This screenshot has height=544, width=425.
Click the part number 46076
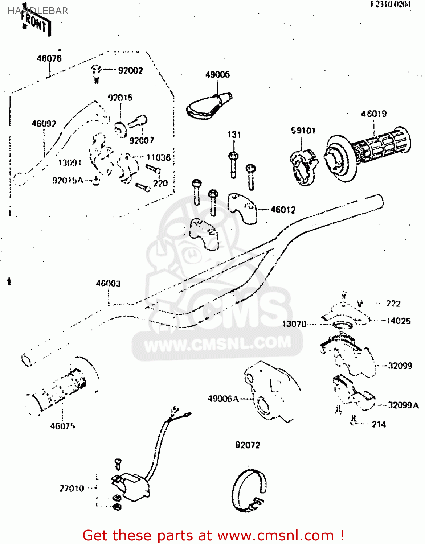(x=49, y=58)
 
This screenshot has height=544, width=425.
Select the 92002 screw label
(x=130, y=70)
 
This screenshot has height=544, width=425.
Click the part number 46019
(x=373, y=114)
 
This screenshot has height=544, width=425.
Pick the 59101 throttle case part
(x=303, y=167)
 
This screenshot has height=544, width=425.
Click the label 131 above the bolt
(x=234, y=135)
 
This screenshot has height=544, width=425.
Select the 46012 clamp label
(x=283, y=210)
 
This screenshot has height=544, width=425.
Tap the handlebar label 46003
(x=108, y=283)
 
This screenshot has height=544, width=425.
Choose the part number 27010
(x=72, y=489)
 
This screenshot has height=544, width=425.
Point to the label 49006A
(x=223, y=399)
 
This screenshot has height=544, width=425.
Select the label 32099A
(x=403, y=405)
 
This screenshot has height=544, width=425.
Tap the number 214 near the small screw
(x=379, y=424)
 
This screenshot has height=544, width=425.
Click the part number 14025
(x=399, y=321)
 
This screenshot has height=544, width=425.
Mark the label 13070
(x=294, y=324)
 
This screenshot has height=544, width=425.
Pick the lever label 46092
(x=44, y=124)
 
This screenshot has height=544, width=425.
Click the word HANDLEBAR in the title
(x=38, y=11)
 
